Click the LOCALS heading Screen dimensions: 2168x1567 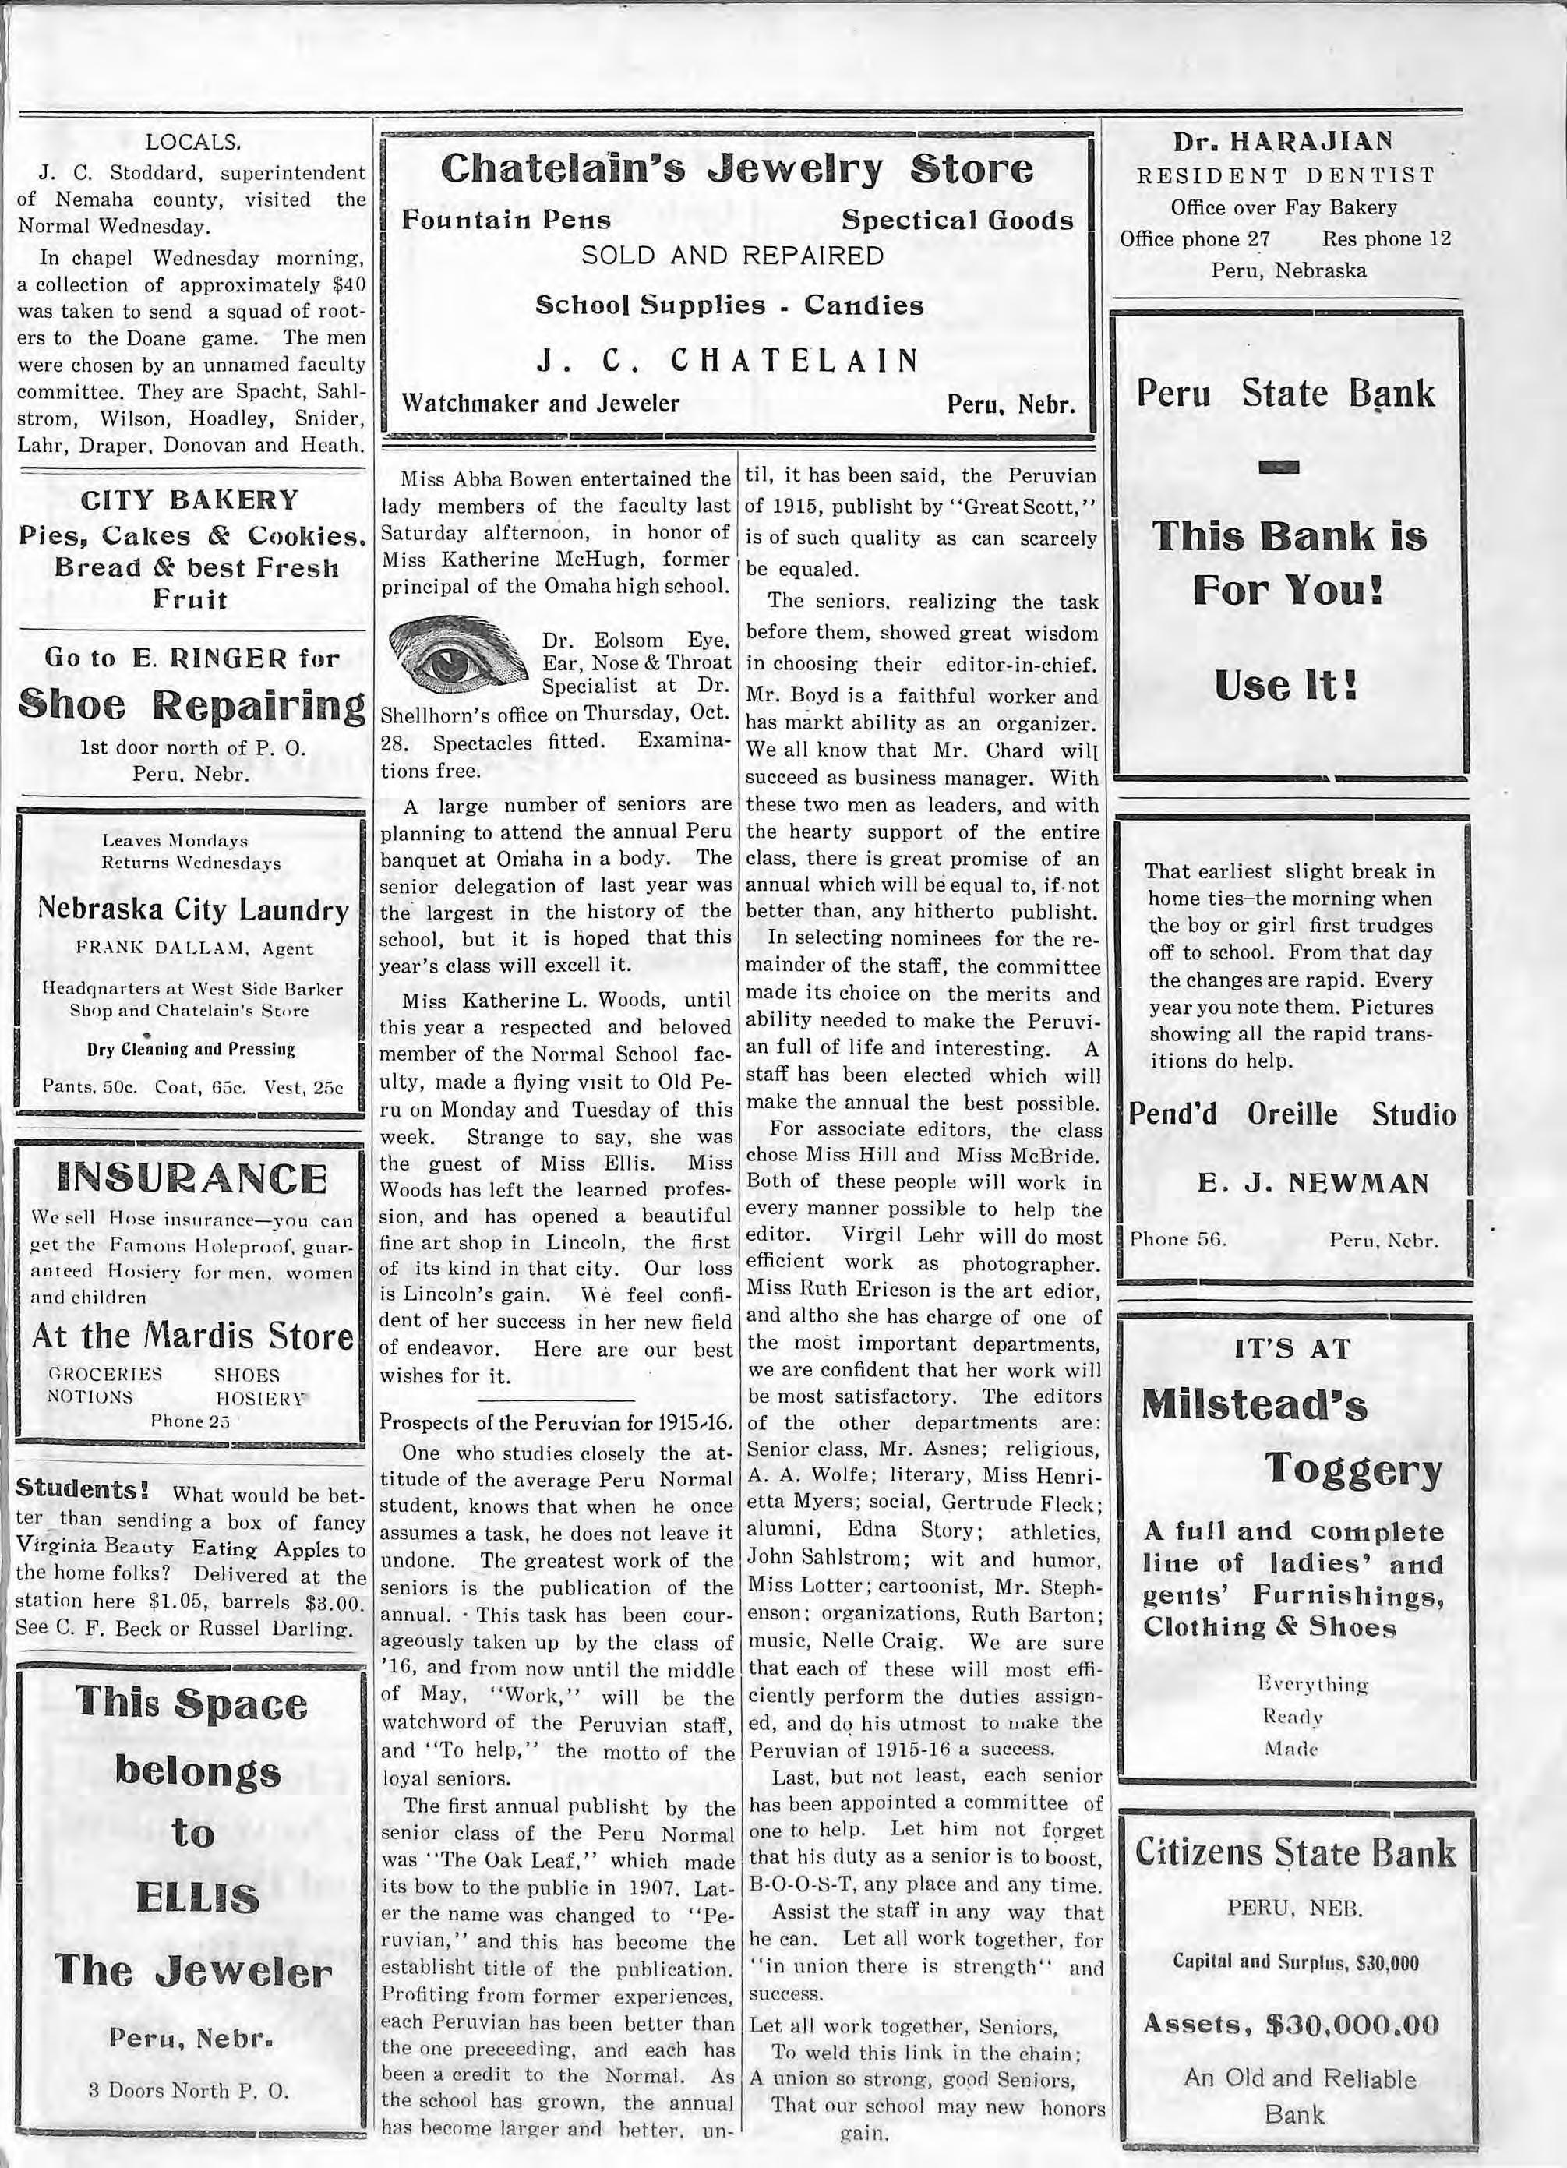pos(191,144)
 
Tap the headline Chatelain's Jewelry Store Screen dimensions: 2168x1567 pos(736,169)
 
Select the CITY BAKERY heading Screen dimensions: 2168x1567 pos(191,500)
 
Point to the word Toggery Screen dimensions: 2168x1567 pos(1353,1472)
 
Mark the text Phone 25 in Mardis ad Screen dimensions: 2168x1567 pos(191,1421)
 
